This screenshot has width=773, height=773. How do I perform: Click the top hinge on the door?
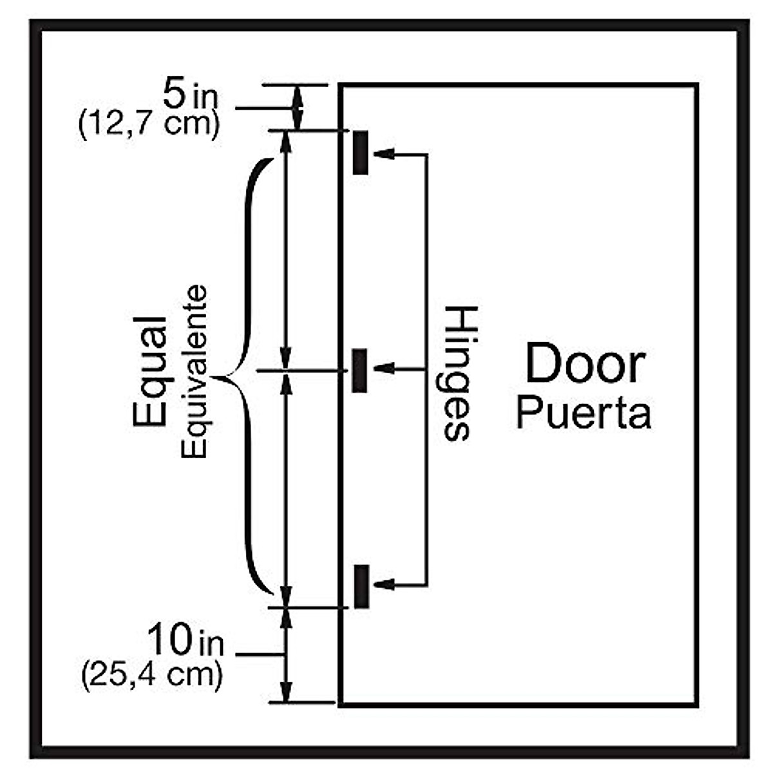click(x=361, y=152)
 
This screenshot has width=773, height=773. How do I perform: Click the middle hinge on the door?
click(x=359, y=370)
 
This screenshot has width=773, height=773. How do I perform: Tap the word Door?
click(x=584, y=365)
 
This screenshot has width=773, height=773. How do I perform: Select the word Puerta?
click(x=583, y=414)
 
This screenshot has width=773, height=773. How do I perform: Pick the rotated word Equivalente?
click(x=194, y=372)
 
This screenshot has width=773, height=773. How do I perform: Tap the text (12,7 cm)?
click(x=148, y=123)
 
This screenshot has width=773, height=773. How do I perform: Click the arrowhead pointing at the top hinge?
click(x=384, y=155)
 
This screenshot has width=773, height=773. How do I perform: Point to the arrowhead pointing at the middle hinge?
click(x=384, y=369)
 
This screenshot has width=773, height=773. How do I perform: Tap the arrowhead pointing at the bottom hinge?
click(x=384, y=585)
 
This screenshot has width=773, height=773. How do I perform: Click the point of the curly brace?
click(x=216, y=377)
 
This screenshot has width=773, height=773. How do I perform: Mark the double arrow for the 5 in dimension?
click(x=297, y=108)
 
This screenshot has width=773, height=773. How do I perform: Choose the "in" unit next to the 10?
click(x=210, y=644)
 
